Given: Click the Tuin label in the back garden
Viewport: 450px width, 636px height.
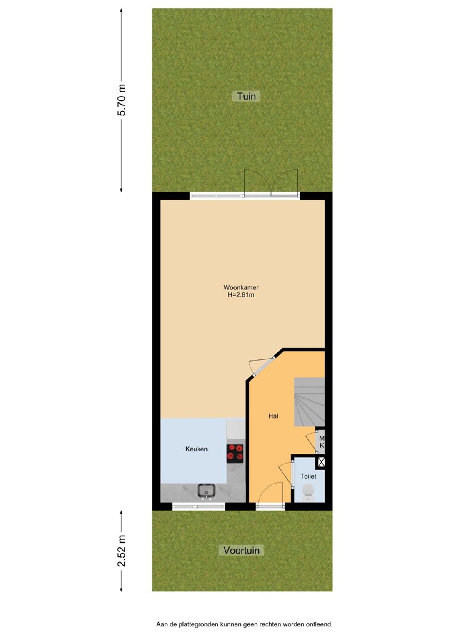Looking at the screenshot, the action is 246,96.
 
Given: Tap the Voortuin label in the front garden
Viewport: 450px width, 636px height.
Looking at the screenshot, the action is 241,550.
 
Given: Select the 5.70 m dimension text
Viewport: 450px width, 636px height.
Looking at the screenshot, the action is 122,100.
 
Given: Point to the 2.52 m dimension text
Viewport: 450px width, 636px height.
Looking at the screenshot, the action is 122,550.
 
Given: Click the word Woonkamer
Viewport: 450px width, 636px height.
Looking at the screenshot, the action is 241,288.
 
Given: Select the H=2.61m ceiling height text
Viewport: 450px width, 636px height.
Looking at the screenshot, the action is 241,295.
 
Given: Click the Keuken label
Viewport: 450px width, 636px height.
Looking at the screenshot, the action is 196,449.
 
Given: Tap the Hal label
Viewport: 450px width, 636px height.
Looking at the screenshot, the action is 273,416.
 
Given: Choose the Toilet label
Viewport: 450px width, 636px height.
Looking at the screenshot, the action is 308,476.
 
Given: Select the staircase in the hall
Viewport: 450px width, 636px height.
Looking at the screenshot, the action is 309,402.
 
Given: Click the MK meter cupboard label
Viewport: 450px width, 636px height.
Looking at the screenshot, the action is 321,442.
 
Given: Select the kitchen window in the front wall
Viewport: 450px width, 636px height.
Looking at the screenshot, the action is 199,506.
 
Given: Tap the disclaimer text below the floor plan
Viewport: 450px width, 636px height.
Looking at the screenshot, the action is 244,622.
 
